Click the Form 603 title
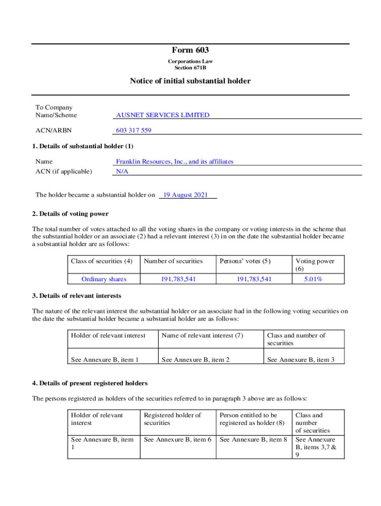(x=190, y=50)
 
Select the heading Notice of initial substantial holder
(x=190, y=81)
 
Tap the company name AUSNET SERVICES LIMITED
(x=162, y=115)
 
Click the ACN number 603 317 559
(x=134, y=130)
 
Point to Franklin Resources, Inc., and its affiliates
(x=174, y=162)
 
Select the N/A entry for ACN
(x=122, y=171)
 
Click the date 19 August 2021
(x=186, y=195)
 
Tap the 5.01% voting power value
(x=313, y=279)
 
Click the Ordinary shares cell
(x=104, y=279)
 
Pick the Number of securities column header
(x=173, y=261)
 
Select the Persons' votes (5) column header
(x=245, y=261)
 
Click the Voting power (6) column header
(x=315, y=265)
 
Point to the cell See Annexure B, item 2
(x=195, y=360)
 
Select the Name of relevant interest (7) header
(x=202, y=336)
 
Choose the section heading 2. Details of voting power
(x=70, y=214)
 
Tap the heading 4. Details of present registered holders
(x=90, y=383)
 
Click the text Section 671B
(x=190, y=68)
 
